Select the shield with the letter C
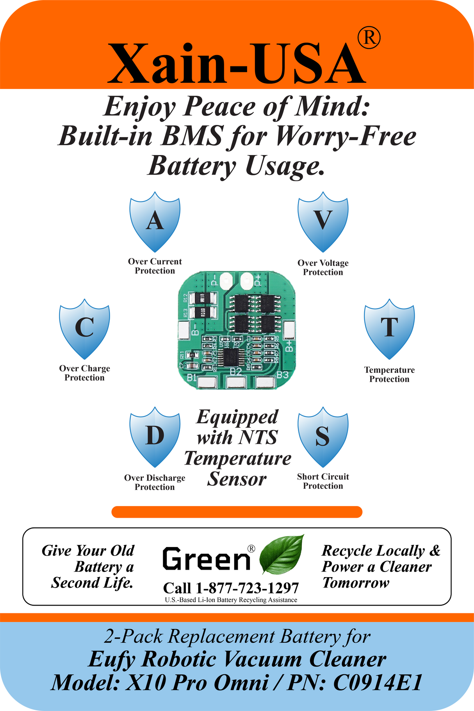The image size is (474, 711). click(x=84, y=329)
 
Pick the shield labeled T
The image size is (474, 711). click(x=389, y=329)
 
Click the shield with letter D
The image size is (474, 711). click(x=155, y=437)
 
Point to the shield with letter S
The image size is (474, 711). click(x=323, y=437)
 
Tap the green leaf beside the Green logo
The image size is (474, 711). click(x=282, y=554)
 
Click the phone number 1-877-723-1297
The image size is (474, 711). click(x=247, y=588)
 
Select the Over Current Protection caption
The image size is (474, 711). click(x=155, y=266)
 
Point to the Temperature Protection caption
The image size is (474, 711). click(x=389, y=374)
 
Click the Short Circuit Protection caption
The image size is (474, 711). click(x=323, y=481)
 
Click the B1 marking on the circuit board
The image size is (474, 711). click(x=192, y=378)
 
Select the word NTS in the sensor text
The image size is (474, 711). click(x=258, y=437)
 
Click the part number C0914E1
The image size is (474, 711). click(x=378, y=683)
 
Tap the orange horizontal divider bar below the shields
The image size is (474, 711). click(x=237, y=512)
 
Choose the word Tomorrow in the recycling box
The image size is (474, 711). click(x=356, y=583)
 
